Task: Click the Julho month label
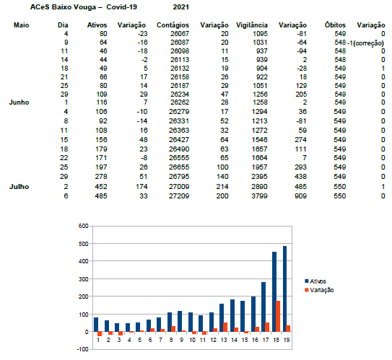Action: (x=19, y=187)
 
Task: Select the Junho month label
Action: (x=19, y=102)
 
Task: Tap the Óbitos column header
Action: (x=335, y=25)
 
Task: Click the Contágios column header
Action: (x=173, y=25)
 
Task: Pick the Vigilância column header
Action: (x=252, y=25)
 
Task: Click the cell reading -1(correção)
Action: (x=365, y=43)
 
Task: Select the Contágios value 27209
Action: (x=179, y=196)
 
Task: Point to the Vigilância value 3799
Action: (x=259, y=196)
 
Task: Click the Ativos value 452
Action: (x=101, y=187)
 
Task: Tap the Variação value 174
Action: (x=141, y=187)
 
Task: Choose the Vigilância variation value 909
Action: (x=300, y=196)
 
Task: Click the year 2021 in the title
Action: (x=180, y=7)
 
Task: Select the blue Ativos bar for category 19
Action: (x=284, y=289)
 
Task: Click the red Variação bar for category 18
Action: (x=278, y=316)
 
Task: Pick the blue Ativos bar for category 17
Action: (x=263, y=307)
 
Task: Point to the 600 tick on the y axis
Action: (x=83, y=226)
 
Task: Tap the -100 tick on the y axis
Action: (x=82, y=349)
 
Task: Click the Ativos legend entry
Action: (x=315, y=281)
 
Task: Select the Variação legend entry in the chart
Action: (x=319, y=290)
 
